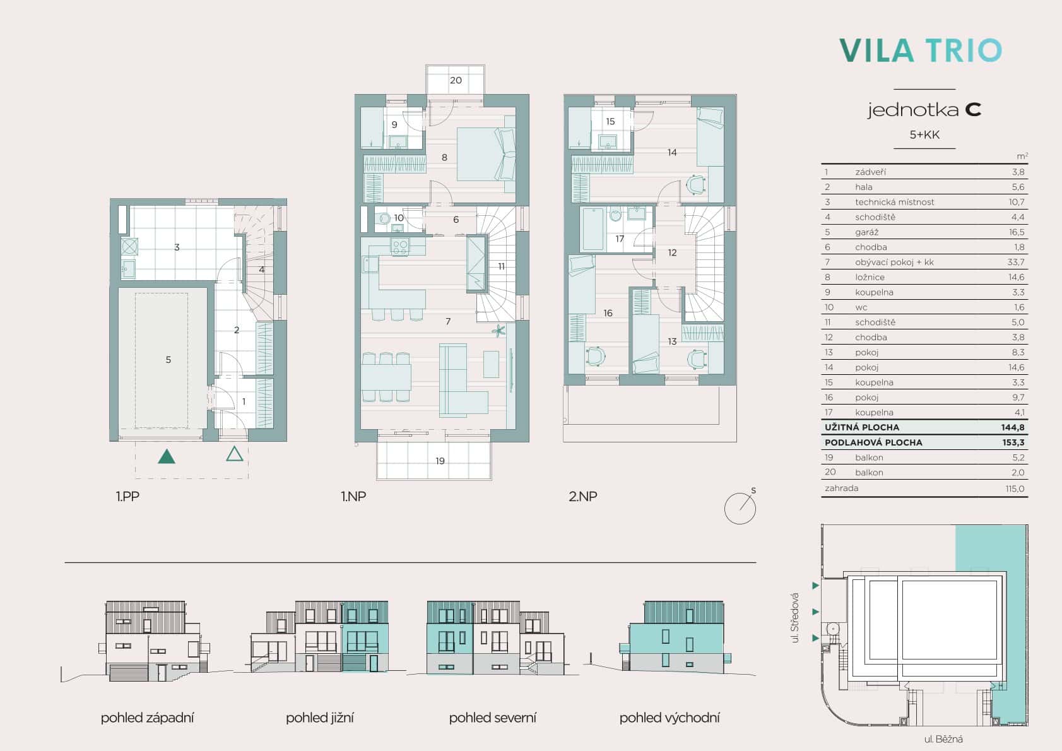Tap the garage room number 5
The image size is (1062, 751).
168,360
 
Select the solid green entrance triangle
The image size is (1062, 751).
167,456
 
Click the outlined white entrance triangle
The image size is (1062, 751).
235,454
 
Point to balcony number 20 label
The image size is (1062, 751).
456,81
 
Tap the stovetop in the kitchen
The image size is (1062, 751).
400,246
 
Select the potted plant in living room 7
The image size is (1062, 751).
499,330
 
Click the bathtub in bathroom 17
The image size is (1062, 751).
593,228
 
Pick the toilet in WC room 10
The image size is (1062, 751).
384,218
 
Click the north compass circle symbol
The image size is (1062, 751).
740,508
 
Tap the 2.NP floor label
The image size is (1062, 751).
582,497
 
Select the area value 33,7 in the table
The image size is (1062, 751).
1015,262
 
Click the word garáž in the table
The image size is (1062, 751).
866,232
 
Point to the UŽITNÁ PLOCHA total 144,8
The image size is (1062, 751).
1012,428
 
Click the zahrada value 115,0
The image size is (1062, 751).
1015,489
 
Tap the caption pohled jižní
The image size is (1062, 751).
319,718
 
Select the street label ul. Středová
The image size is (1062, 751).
795,618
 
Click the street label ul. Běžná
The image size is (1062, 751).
943,739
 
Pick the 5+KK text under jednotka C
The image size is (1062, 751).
924,134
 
